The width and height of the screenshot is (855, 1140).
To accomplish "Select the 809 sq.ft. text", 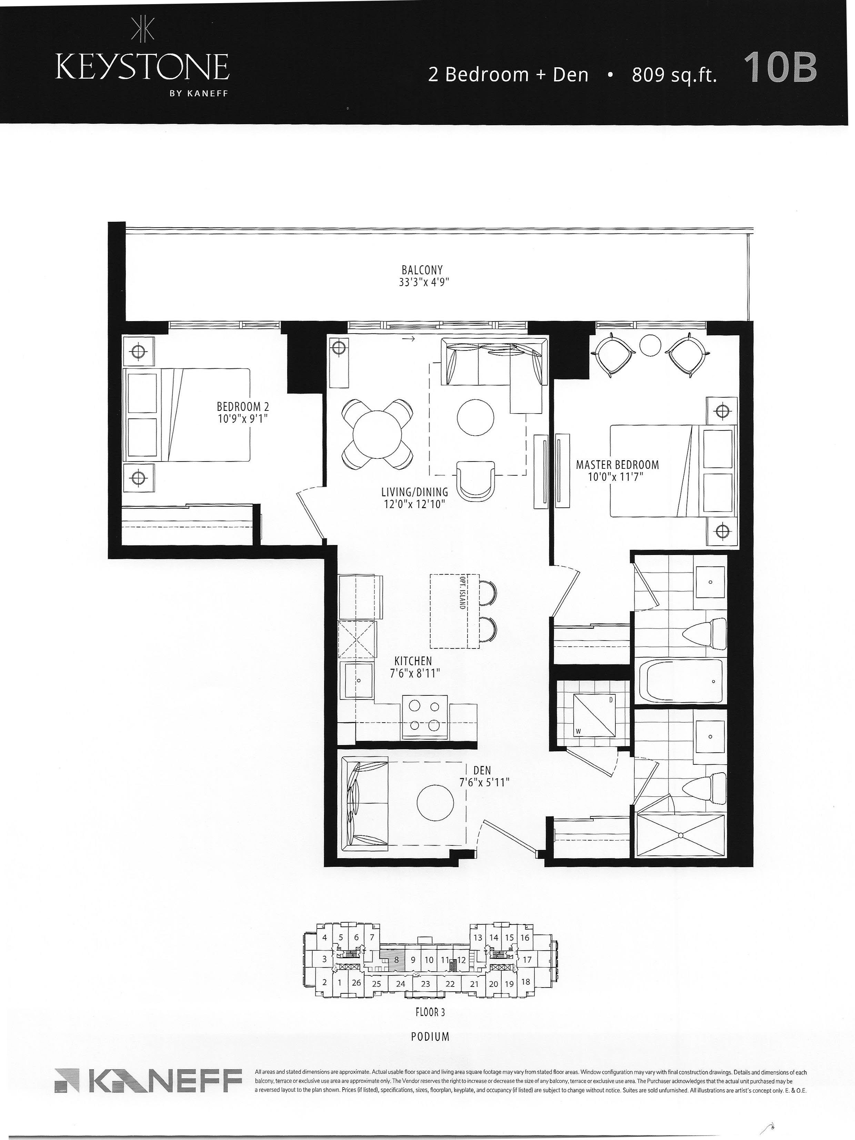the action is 674,75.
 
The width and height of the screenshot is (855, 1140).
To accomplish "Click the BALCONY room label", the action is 422,269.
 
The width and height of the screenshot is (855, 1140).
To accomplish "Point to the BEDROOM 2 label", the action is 243,407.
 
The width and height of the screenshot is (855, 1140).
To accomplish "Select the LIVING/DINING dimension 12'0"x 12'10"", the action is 414,504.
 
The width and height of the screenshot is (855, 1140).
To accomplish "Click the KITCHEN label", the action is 413,660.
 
